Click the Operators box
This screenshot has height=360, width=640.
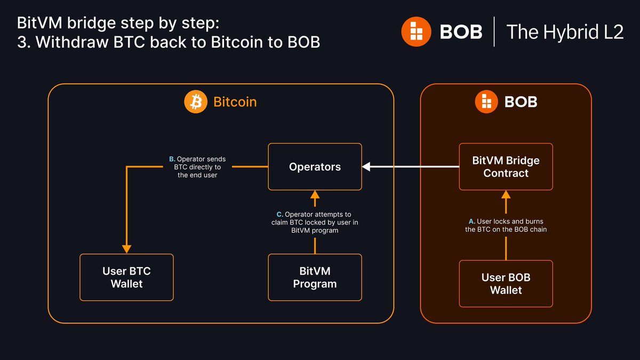click(x=315, y=167)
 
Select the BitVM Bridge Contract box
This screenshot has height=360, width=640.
click(x=506, y=167)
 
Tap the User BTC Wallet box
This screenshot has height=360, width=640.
click(x=126, y=277)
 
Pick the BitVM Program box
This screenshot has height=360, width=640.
click(x=315, y=277)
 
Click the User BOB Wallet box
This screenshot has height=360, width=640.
click(x=506, y=284)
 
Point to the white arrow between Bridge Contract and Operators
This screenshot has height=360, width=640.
click(x=411, y=167)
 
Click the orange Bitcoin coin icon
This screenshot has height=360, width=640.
click(x=196, y=101)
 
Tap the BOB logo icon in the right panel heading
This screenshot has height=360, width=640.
click(x=485, y=101)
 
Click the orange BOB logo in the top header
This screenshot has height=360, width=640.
click(x=416, y=31)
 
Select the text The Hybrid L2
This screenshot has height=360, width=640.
click(x=564, y=31)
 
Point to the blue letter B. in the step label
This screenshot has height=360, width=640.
click(x=172, y=159)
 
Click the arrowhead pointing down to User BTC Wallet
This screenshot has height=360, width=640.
click(x=126, y=249)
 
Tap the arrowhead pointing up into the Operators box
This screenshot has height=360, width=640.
click(x=315, y=194)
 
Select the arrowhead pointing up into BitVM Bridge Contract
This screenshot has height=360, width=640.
click(x=506, y=194)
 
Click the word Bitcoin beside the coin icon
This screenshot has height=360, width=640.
click(x=235, y=101)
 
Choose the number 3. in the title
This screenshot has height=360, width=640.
click(x=23, y=42)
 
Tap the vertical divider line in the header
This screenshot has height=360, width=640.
click(x=494, y=31)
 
